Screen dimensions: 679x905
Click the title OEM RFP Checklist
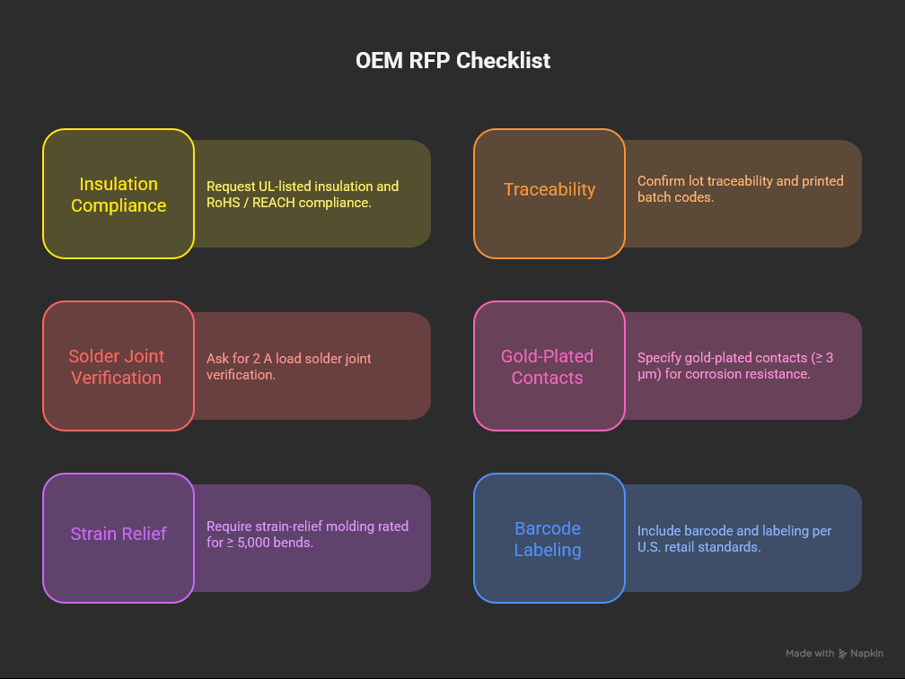pos(452,61)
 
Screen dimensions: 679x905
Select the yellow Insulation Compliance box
pos(119,195)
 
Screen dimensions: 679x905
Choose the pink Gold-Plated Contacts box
pos(548,367)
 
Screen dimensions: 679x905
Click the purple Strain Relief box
pos(119,534)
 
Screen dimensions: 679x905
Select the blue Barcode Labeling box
pos(548,539)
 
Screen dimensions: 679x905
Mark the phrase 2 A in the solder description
pos(259,359)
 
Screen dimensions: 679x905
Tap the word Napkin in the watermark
pos(866,654)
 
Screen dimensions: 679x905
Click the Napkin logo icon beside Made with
pos(843,654)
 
